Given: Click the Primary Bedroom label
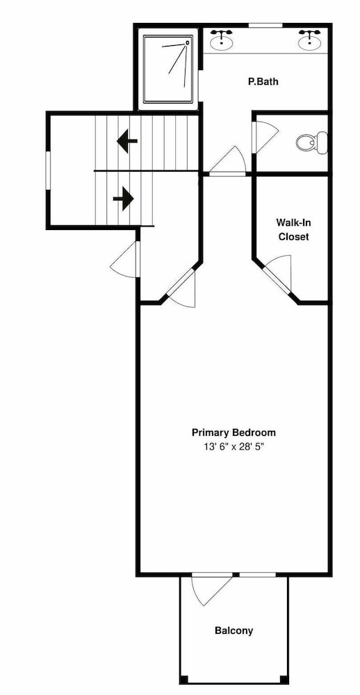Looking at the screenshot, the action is (234, 432).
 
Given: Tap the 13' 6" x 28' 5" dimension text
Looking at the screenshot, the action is (234, 447).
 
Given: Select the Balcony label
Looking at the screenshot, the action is (234, 630).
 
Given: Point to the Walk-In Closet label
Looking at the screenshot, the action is (293, 229).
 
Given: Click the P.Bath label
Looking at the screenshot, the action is (263, 81).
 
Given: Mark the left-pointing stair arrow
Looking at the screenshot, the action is (126, 141).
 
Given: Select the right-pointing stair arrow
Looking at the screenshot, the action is (123, 199).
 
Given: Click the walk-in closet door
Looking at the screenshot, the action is (279, 275).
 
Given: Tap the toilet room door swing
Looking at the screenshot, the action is (264, 137).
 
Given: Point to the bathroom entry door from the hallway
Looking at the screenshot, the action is (227, 161).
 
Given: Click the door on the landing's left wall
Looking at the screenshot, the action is (125, 259).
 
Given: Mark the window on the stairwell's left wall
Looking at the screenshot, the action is (48, 171).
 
